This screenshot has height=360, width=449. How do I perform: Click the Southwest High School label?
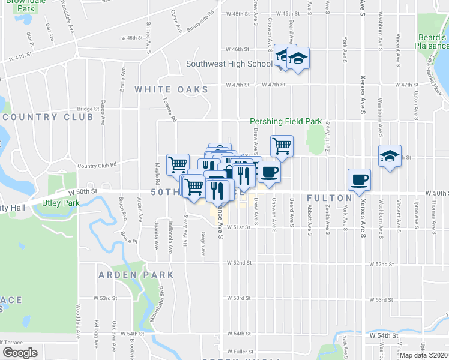pos(229,64)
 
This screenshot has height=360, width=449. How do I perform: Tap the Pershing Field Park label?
pos(286,121)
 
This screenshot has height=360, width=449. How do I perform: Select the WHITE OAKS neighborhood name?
pos(171,89)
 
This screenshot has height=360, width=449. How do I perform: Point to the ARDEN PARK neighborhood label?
pos(137,275)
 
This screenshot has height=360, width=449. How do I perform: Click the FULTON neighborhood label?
pos(329,197)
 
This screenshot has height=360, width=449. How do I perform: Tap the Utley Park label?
pos(61,203)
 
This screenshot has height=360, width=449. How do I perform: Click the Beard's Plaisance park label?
pos(433,41)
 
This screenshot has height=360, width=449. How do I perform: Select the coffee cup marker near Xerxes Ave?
pos(360,179)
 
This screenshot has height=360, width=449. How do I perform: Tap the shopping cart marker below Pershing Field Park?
pos(282,145)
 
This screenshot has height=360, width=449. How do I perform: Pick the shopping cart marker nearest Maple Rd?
pos(178,164)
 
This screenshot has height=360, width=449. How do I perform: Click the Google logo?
pos(20,353)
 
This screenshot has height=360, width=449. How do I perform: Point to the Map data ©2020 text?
pos(423,355)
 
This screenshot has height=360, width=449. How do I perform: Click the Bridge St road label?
pos(88,109)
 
